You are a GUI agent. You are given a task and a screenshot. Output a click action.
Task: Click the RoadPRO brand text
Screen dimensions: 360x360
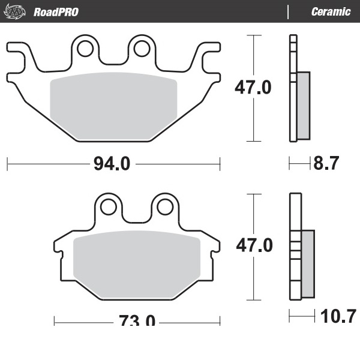pos(56,12)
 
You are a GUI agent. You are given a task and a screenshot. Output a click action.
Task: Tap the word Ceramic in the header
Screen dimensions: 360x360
pos(331,12)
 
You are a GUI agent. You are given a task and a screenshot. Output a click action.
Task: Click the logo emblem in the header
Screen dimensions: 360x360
pos(14,11)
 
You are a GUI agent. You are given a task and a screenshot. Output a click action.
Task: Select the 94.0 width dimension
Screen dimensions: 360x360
pos(112,164)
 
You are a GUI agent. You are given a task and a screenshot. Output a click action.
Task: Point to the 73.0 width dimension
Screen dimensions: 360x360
pos(137,320)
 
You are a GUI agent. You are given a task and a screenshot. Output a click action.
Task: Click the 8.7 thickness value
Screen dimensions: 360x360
pos(326,163)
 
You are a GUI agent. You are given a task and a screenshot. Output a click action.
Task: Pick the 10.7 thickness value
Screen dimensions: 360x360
pos(338,316)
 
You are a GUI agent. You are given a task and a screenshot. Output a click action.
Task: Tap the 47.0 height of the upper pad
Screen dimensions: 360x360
pos(253,87)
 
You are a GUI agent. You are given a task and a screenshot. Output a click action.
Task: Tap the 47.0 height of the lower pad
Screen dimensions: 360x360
pos(254,245)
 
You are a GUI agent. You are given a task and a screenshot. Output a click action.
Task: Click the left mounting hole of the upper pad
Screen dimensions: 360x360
pos(85,49)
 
